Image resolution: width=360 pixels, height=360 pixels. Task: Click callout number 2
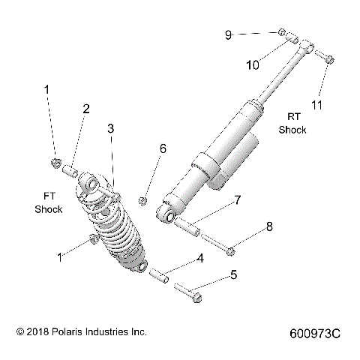click(x=86, y=109)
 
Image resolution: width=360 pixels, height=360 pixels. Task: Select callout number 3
click(x=110, y=129)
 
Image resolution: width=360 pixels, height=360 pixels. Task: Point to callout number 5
click(x=233, y=274)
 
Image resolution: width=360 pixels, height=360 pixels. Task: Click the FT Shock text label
click(x=48, y=202)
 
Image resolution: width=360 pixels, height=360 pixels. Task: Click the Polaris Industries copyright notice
click(x=76, y=331)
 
